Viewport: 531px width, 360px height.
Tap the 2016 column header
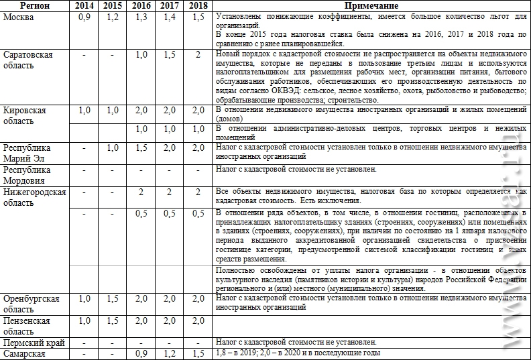(141, 5)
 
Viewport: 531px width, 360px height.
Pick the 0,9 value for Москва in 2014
(84, 17)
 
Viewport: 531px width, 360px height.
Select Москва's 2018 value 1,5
(198, 17)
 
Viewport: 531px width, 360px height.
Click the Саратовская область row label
(27, 60)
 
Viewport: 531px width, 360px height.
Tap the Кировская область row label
(25, 115)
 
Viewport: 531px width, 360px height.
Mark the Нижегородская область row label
(34, 197)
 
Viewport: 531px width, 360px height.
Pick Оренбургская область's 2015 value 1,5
(113, 298)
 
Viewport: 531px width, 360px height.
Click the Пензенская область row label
(27, 326)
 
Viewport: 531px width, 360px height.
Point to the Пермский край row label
(33, 343)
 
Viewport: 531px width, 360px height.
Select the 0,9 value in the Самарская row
(141, 353)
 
